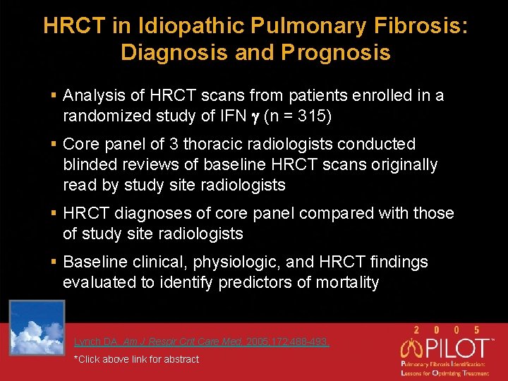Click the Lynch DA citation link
[x=201, y=342]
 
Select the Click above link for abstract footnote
[x=136, y=359]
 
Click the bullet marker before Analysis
[x=54, y=95]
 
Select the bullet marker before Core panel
[x=54, y=144]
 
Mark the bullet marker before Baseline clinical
[x=54, y=262]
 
